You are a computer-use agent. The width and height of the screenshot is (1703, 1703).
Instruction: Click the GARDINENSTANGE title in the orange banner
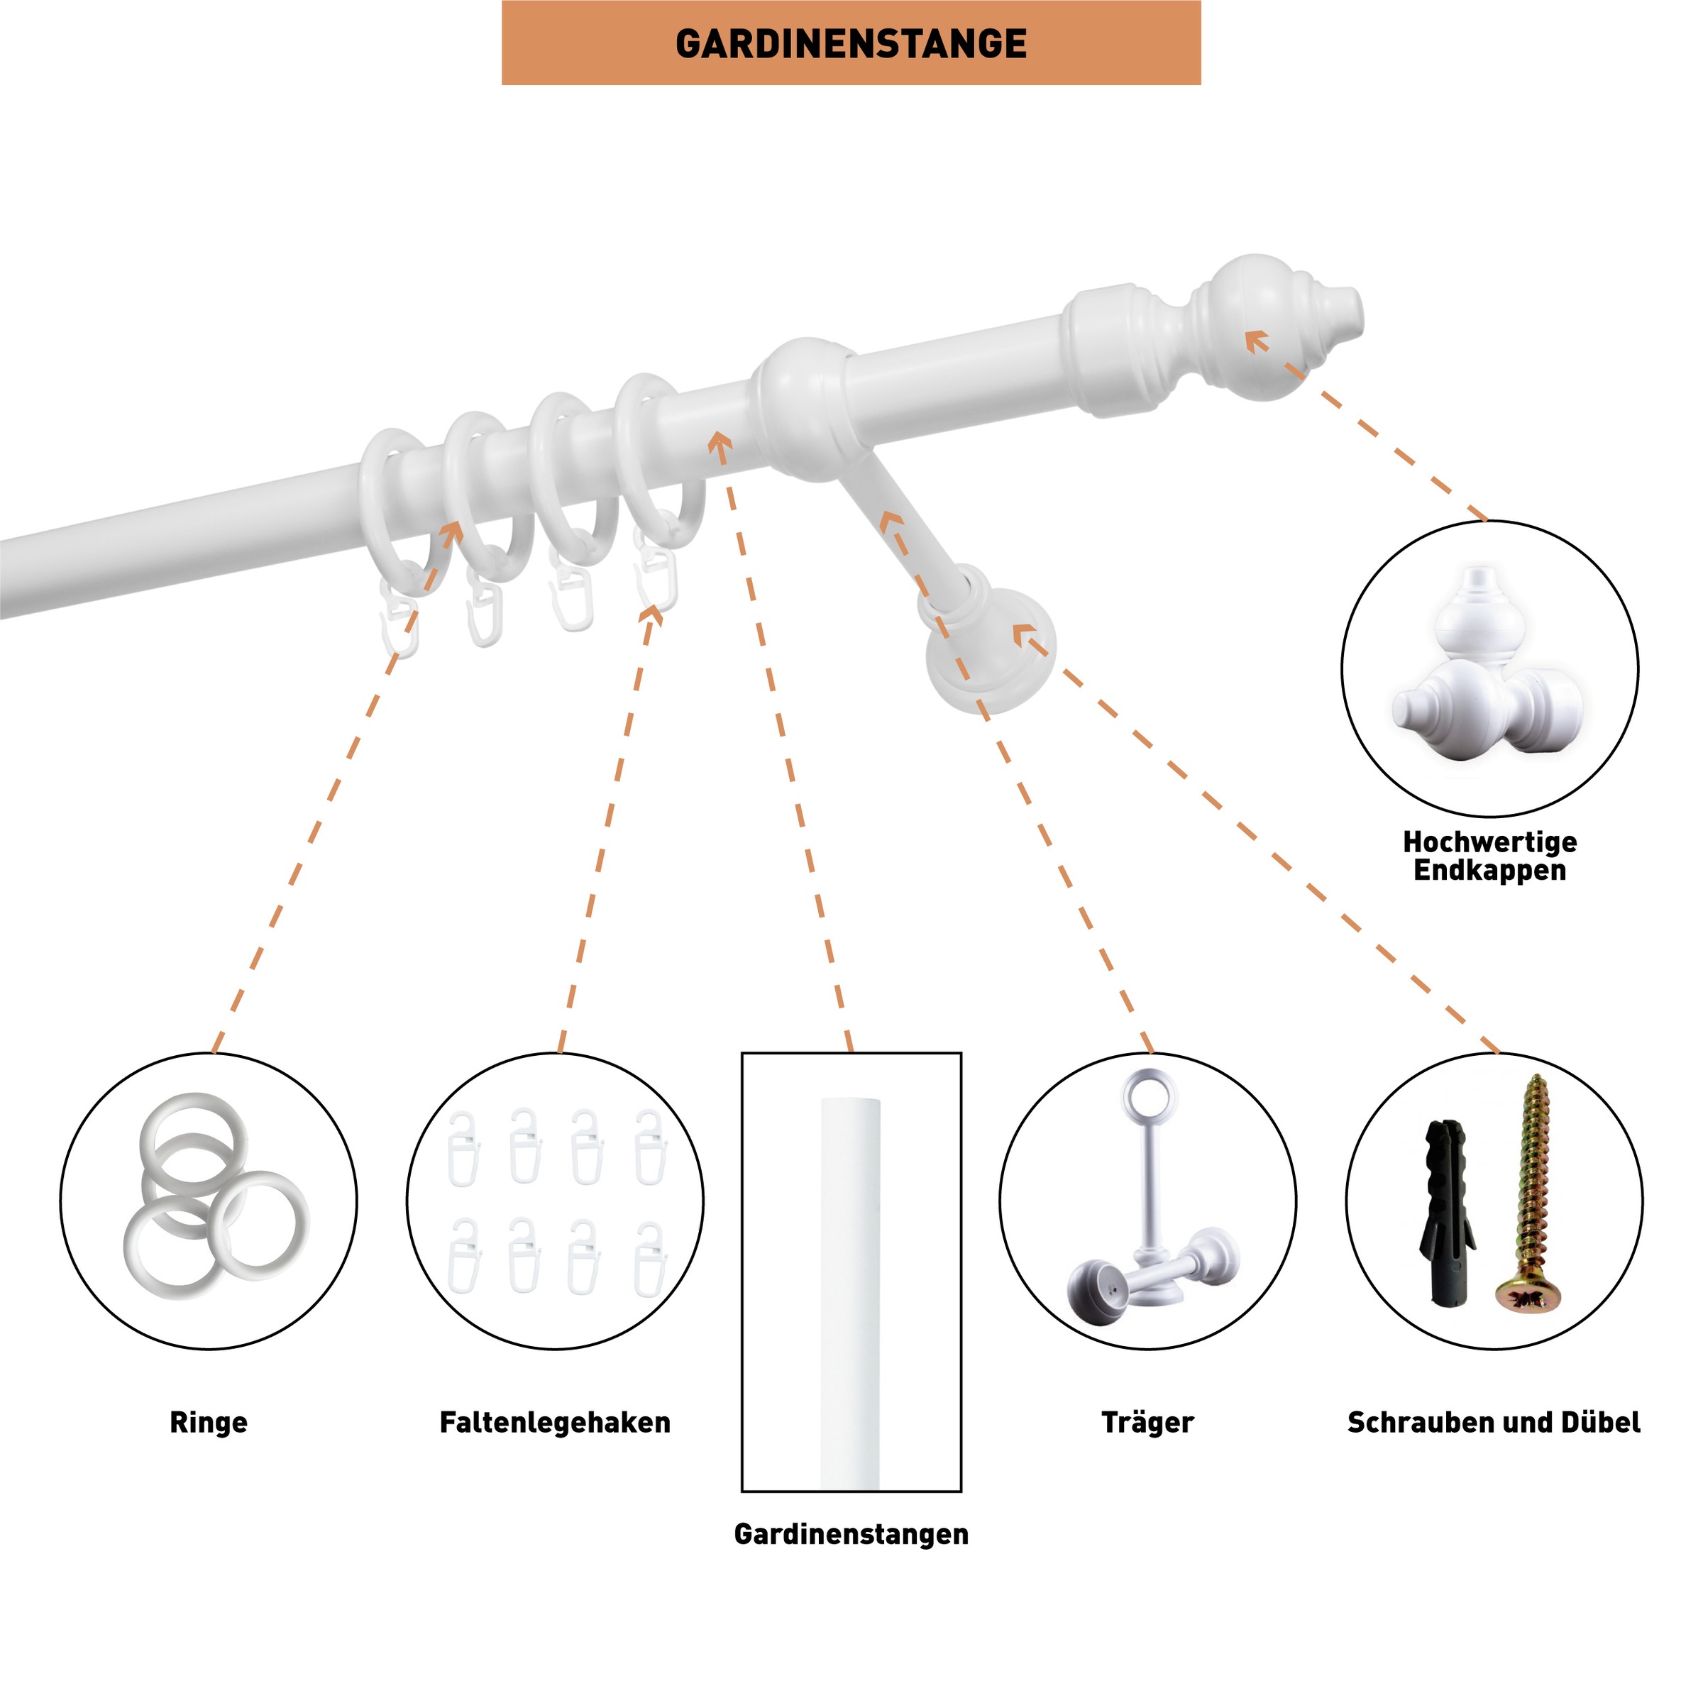851,43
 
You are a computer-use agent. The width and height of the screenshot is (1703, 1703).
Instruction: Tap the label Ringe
208,1422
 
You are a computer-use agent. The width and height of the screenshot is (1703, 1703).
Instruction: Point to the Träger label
1147,1422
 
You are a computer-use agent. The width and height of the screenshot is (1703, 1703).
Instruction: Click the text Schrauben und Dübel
1493,1422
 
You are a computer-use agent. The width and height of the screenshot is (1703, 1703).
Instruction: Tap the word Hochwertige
1489,842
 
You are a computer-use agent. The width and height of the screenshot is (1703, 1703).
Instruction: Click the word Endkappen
1489,871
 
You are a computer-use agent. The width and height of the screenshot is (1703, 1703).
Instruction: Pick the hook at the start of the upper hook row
463,1147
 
